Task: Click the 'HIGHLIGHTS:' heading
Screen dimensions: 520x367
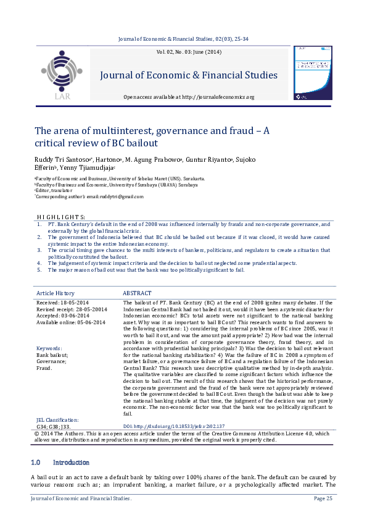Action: [x=61, y=217]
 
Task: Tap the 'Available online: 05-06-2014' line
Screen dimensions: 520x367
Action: [x=71, y=322]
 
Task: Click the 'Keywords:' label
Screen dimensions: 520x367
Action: [x=49, y=349]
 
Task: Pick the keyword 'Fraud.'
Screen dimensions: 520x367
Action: [x=45, y=369]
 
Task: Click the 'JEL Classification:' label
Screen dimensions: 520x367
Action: [x=57, y=420]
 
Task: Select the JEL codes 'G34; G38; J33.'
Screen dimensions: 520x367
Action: [x=54, y=426]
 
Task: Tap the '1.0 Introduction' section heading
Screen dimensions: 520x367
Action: [x=60, y=462]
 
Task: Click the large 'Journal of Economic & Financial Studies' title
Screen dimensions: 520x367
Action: [x=188, y=76]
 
